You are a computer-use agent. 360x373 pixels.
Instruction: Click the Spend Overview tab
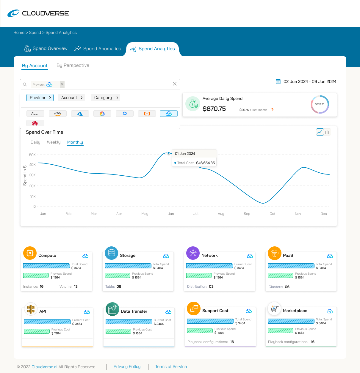click(46, 48)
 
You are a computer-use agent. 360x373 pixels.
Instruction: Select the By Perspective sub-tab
click(73, 65)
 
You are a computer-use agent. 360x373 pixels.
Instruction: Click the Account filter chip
click(72, 97)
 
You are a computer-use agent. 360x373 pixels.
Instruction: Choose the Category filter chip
click(106, 97)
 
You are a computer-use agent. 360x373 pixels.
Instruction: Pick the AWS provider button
click(58, 114)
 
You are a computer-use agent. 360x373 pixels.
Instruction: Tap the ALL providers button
click(35, 114)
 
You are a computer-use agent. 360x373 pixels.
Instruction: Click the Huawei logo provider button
click(35, 123)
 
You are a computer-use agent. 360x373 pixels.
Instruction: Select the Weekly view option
click(54, 142)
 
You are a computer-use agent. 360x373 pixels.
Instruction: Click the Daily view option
click(35, 142)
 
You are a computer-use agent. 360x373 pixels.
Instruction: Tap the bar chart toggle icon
click(327, 132)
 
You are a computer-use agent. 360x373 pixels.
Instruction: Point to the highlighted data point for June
click(169, 153)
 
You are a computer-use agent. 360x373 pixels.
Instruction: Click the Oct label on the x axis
click(272, 214)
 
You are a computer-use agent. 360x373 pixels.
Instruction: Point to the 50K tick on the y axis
click(32, 155)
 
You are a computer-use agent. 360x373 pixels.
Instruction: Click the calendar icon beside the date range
click(278, 81)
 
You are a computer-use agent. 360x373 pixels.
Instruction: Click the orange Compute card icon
click(30, 253)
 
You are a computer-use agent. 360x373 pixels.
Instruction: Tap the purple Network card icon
click(193, 253)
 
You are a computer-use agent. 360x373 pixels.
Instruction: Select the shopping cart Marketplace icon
click(274, 309)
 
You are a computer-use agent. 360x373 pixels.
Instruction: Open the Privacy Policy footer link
click(127, 366)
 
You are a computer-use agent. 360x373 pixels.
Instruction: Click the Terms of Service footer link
click(171, 366)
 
